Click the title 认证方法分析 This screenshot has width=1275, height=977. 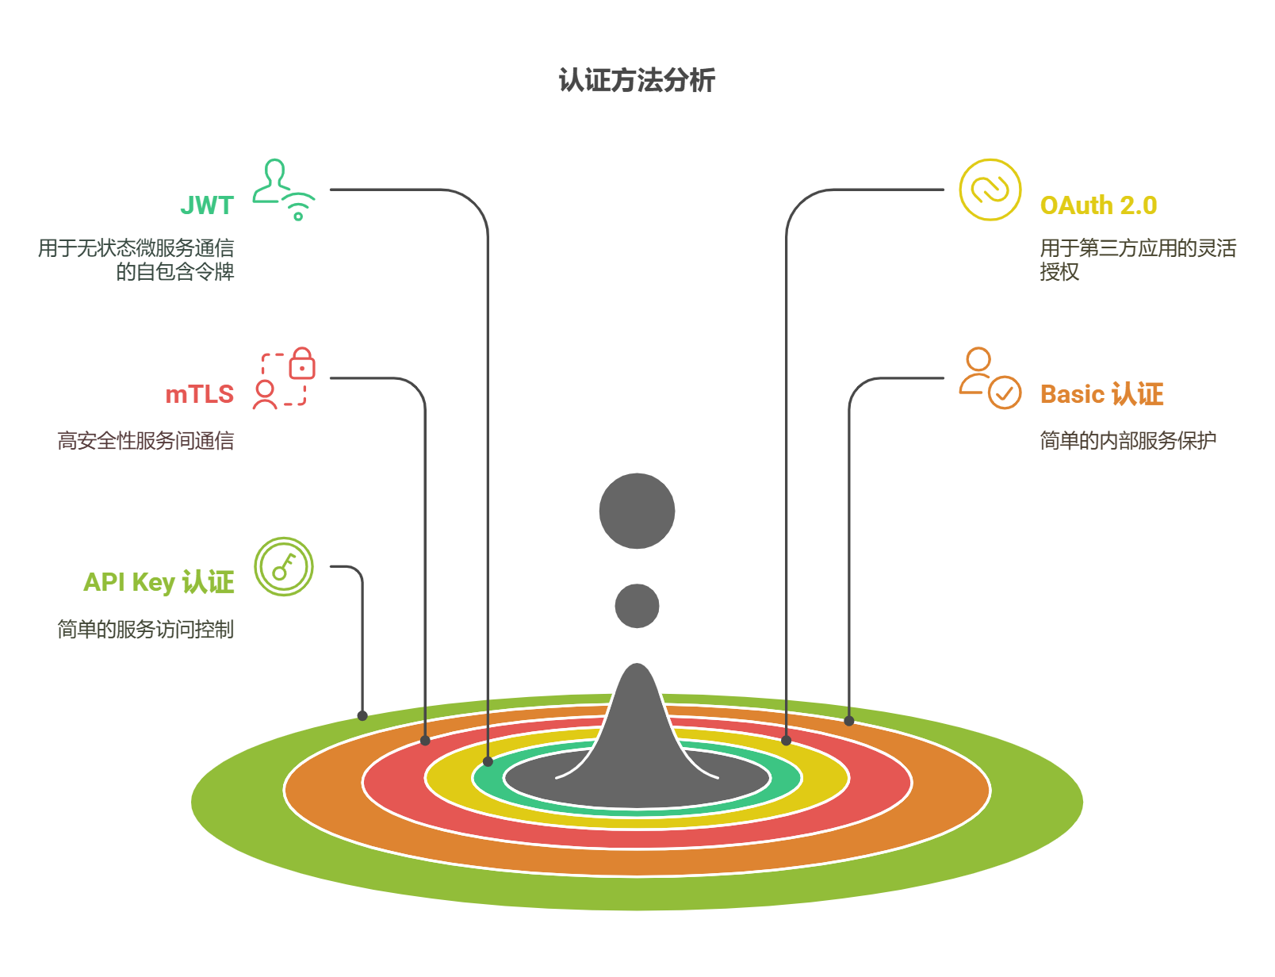(x=637, y=80)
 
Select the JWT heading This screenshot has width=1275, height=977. (x=207, y=205)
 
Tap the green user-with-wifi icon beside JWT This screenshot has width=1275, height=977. (x=284, y=190)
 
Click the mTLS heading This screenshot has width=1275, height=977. (x=200, y=394)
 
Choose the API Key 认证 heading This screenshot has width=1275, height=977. (x=159, y=582)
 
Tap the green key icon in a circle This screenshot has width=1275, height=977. (x=284, y=566)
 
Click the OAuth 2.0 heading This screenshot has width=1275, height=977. (x=1098, y=205)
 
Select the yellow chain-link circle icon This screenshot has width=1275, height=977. (x=990, y=190)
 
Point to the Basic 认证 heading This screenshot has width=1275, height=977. (x=1101, y=394)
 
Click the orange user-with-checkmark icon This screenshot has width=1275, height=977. (x=990, y=378)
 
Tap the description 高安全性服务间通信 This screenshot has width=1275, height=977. (x=146, y=441)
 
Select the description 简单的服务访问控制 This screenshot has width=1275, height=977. (x=146, y=629)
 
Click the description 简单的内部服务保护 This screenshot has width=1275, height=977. (x=1128, y=441)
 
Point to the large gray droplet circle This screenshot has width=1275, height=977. (x=637, y=511)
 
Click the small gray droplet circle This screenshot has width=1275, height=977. (x=637, y=606)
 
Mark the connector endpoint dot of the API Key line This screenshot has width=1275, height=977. (x=362, y=716)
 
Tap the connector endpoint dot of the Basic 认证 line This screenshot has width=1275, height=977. (x=848, y=721)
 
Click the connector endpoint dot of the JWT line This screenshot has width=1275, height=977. (x=488, y=761)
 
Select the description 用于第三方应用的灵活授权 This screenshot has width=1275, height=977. (x=1138, y=260)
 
